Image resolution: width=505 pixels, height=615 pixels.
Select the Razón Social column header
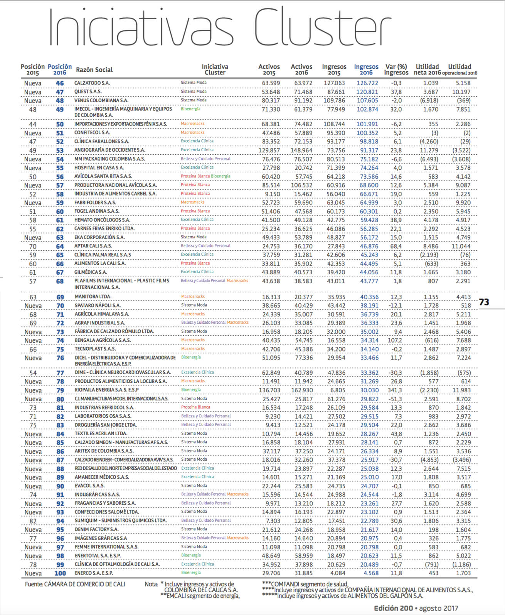coord(94,70)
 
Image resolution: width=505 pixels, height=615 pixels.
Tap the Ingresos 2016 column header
coord(366,69)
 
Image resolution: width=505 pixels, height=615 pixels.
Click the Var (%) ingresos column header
coord(396,69)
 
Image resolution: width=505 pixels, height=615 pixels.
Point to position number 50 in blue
coord(60,124)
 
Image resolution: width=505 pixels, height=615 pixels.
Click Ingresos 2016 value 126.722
coord(367,83)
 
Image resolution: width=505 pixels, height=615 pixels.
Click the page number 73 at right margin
coord(484,302)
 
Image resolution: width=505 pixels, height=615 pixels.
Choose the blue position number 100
coord(60,573)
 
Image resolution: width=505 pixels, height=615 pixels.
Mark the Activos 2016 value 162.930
coord(302,390)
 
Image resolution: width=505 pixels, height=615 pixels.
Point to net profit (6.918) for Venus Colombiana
coord(428,100)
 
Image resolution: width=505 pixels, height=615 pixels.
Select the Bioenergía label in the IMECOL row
coord(190,109)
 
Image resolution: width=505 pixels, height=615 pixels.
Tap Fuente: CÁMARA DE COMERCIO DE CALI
coord(75,584)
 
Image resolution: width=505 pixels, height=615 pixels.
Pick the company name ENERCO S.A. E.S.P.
coord(94,573)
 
